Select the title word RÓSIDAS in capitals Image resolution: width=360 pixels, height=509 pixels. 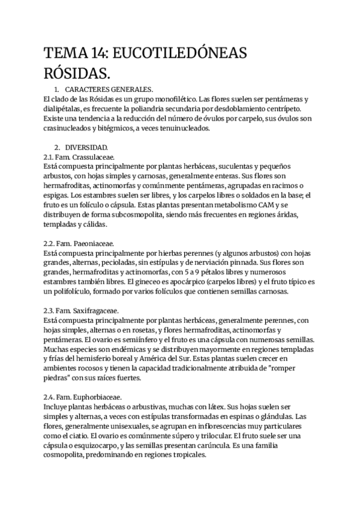76,74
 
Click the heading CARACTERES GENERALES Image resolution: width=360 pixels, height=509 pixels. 109,89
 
